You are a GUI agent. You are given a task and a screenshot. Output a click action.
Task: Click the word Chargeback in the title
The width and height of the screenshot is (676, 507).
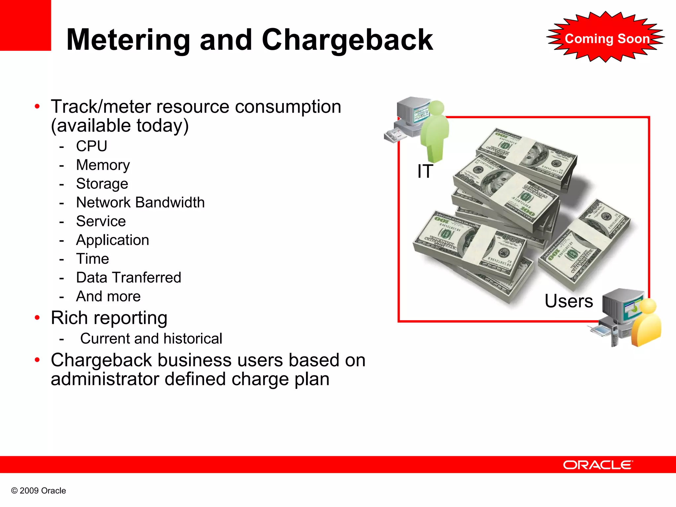click(347, 40)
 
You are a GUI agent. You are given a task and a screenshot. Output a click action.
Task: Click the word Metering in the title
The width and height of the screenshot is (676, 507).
click(128, 40)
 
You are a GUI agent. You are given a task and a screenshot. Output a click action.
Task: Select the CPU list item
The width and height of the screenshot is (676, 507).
click(91, 146)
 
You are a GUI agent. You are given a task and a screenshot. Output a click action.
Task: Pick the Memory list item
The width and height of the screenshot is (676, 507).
click(103, 165)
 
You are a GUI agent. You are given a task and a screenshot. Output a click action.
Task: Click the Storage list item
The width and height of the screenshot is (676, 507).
click(102, 184)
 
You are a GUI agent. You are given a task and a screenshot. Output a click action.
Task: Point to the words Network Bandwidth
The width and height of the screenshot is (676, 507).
click(140, 202)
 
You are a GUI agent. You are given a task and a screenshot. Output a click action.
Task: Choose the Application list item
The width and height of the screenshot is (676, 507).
click(113, 240)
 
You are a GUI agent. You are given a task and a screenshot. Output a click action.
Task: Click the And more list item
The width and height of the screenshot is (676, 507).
click(108, 296)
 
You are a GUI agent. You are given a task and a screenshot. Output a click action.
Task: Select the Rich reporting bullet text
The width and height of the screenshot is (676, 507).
click(109, 318)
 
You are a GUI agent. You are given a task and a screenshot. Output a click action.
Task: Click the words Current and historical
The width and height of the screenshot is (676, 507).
click(151, 339)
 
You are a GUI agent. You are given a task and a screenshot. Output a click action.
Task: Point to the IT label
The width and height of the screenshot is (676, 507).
click(425, 171)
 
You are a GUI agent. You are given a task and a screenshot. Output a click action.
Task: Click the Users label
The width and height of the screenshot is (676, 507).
click(569, 301)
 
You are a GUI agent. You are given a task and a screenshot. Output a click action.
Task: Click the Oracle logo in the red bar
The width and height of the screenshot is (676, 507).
click(598, 465)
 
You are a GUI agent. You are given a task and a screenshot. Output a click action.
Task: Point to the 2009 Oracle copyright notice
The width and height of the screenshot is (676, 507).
click(39, 491)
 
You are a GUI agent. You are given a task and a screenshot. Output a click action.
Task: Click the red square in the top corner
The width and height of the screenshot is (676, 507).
click(25, 25)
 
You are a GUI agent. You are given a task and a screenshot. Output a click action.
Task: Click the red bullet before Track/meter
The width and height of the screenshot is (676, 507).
click(37, 107)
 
